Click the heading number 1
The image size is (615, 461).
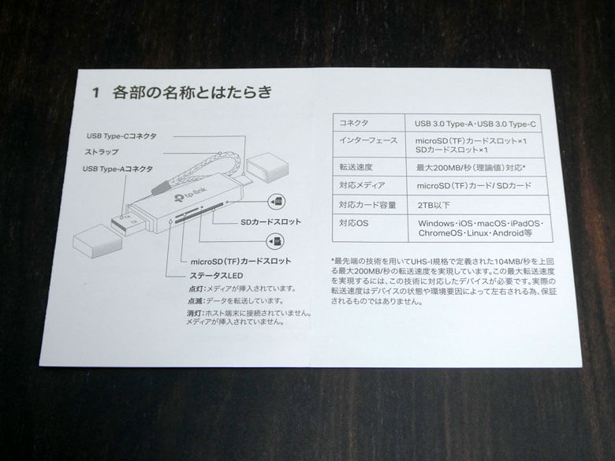[x=95, y=94]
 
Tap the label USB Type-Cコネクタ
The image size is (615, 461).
[x=121, y=136]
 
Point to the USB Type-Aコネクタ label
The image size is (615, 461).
[x=117, y=169]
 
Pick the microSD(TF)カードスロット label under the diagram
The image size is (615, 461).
[x=240, y=261]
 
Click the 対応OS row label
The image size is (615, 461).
[x=354, y=225]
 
